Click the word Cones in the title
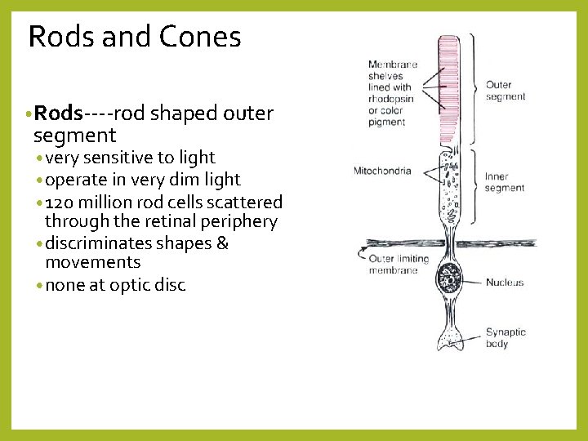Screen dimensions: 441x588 tap(200, 37)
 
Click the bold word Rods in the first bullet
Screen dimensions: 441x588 tap(60, 114)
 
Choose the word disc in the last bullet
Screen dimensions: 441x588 tap(171, 285)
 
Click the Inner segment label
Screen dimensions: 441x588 tap(504, 182)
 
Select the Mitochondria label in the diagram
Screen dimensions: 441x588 tap(382, 171)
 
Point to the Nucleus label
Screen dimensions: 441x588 tap(505, 283)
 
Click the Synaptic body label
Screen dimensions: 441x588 tap(506, 338)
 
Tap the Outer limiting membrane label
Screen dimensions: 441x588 tap(398, 265)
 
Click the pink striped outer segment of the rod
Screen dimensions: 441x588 tap(448, 90)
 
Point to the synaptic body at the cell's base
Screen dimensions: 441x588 tap(448, 337)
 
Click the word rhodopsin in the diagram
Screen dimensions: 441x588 tap(390, 100)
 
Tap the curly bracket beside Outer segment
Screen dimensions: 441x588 tap(474, 90)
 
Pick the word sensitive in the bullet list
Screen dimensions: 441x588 tap(115, 158)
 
